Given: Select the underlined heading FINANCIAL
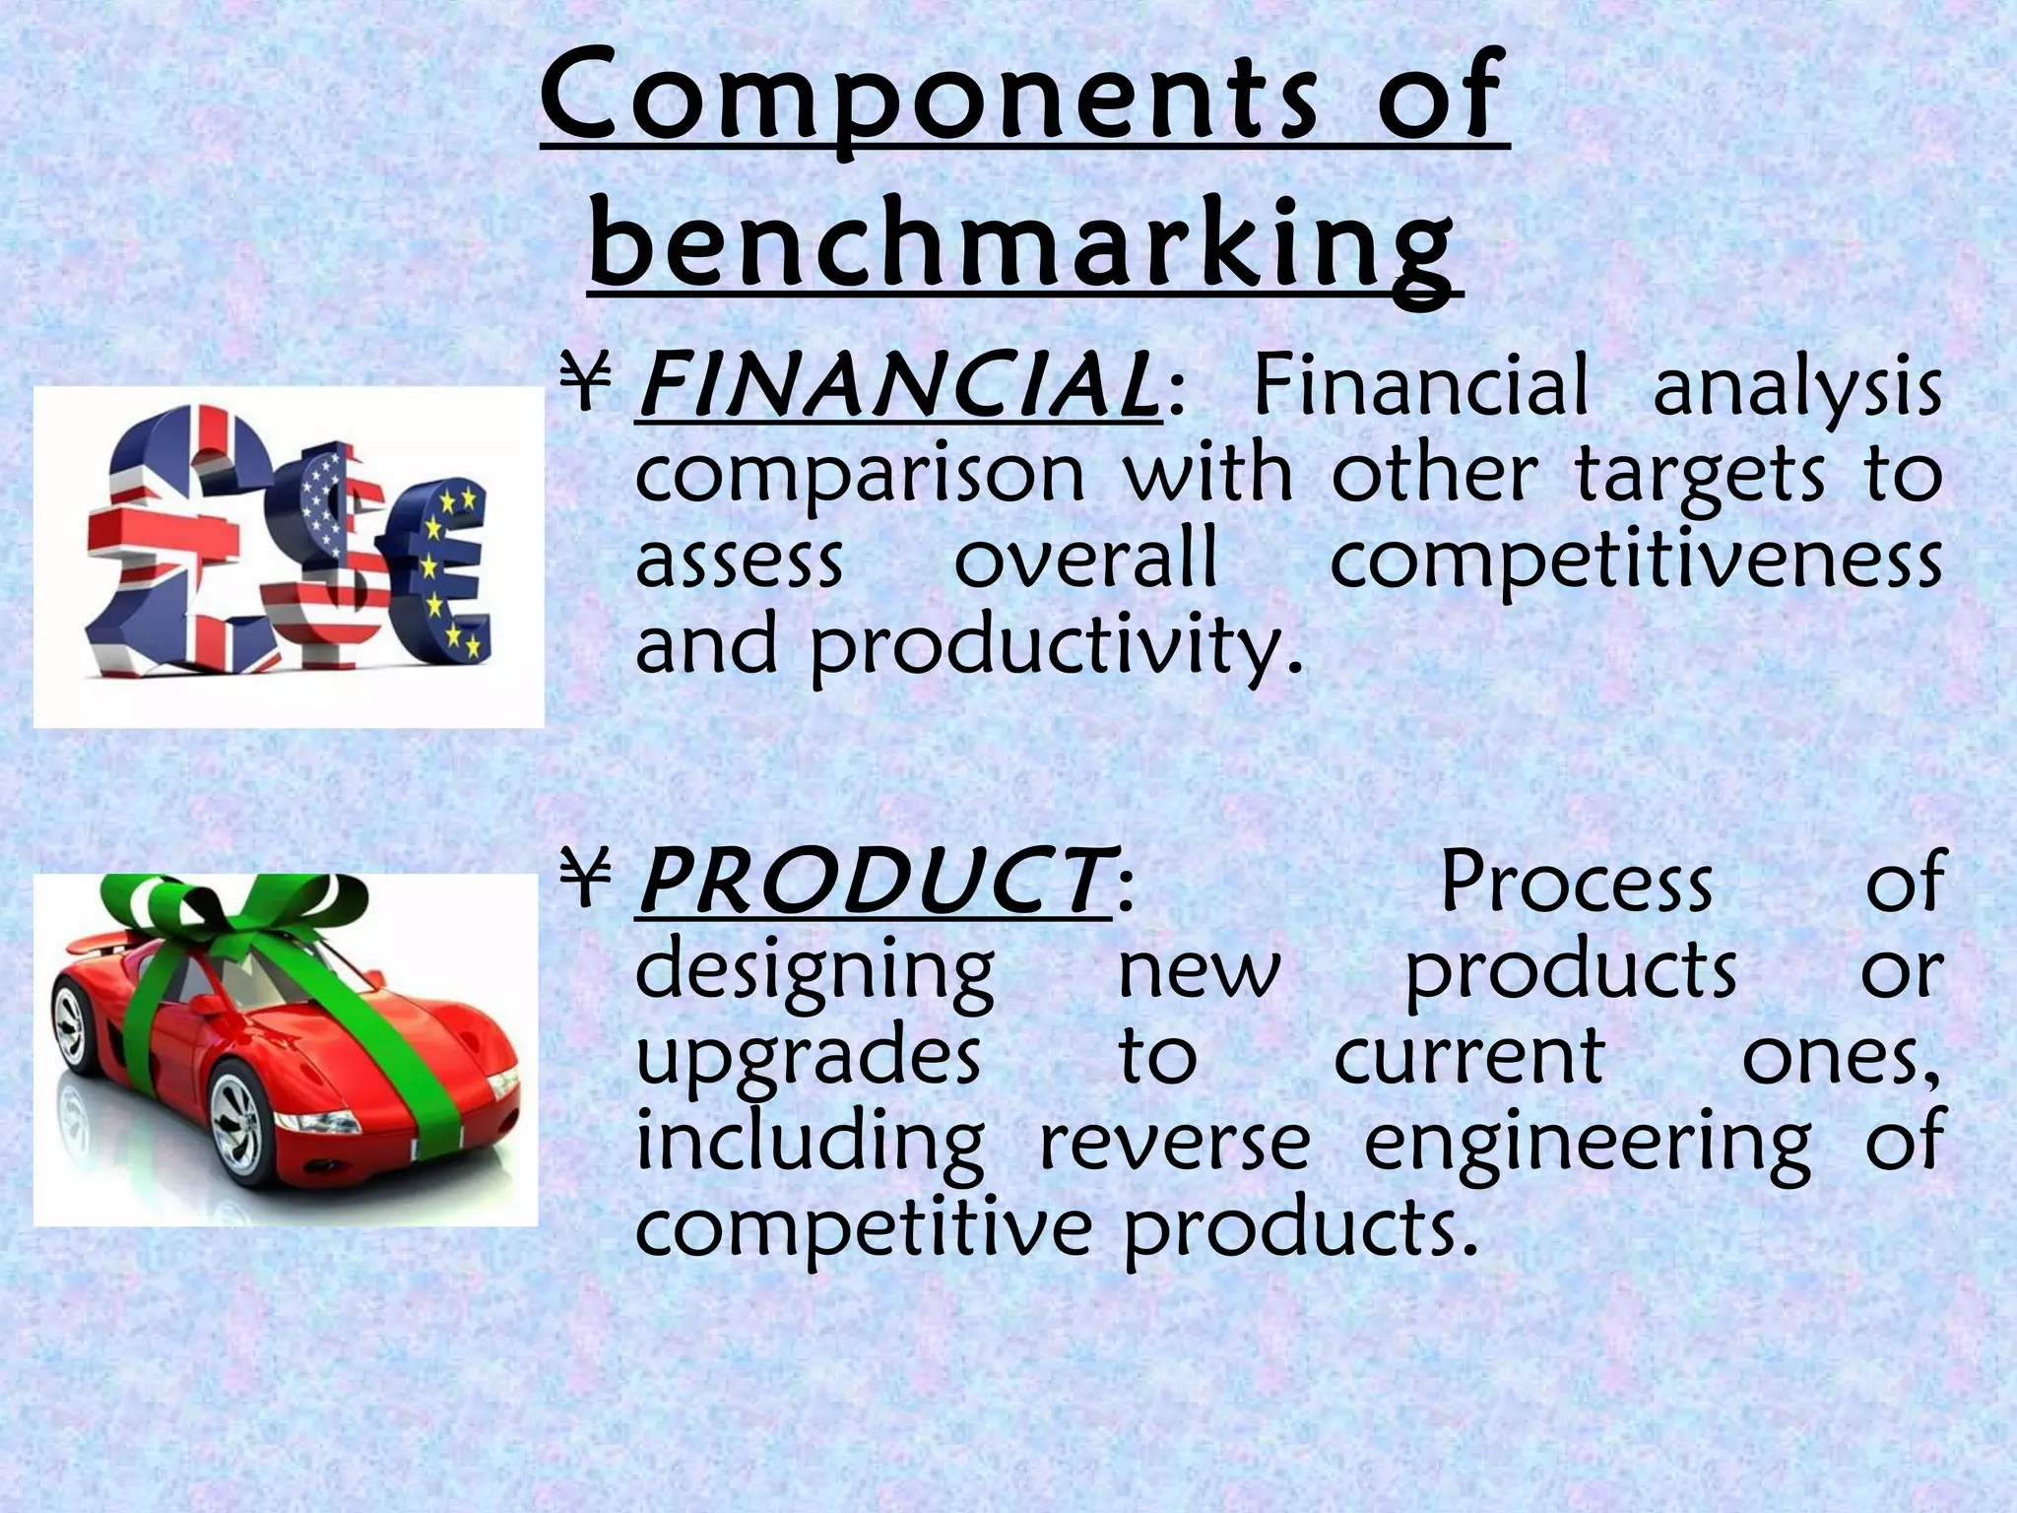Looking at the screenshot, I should pyautogui.click(x=897, y=387).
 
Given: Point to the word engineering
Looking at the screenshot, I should pyautogui.click(x=1587, y=1143).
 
